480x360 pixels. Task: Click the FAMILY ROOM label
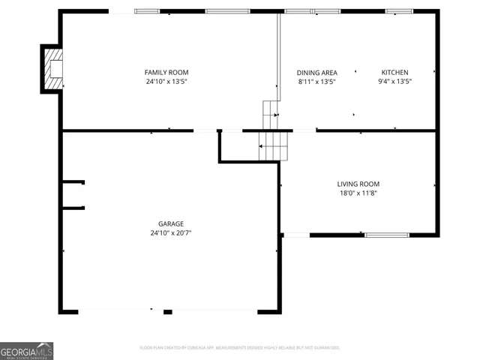click(x=166, y=72)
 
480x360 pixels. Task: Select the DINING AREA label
click(x=316, y=72)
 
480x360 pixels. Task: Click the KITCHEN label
click(x=394, y=72)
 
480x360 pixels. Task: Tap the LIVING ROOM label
click(x=358, y=184)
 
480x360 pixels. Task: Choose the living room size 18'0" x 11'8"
click(x=358, y=193)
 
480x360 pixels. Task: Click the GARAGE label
click(x=170, y=223)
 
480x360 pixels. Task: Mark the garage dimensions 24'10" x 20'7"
click(x=170, y=232)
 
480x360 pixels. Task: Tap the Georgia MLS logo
click(x=27, y=351)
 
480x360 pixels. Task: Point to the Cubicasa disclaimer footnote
click(x=239, y=347)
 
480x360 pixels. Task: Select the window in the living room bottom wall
click(x=387, y=235)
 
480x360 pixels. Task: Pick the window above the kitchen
click(x=399, y=11)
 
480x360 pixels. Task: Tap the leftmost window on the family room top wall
click(x=147, y=11)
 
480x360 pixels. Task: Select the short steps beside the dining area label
click(x=270, y=114)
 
